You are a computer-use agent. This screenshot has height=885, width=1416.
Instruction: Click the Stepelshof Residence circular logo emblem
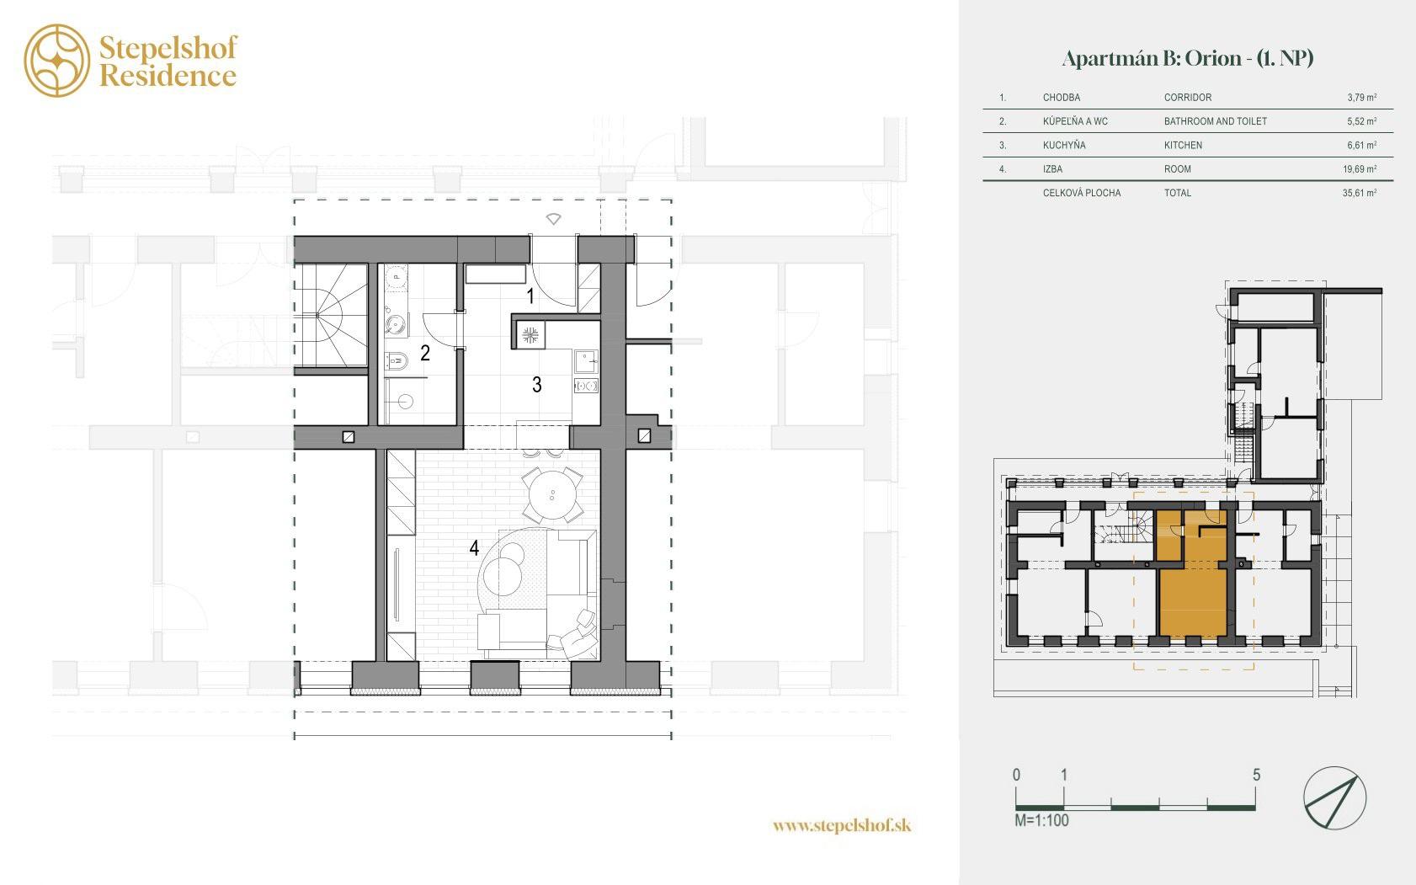pyautogui.click(x=57, y=61)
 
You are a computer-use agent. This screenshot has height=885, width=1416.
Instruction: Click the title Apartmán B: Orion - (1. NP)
pyautogui.click(x=1188, y=59)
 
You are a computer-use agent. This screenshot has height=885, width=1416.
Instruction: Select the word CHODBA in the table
pyautogui.click(x=1062, y=98)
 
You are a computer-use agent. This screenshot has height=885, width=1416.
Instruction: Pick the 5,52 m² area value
pyautogui.click(x=1361, y=120)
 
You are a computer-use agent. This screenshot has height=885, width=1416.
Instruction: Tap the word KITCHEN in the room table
pyautogui.click(x=1183, y=145)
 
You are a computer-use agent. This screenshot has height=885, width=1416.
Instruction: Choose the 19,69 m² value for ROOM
pyautogui.click(x=1360, y=168)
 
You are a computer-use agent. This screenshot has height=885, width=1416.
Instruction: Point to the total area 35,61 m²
pyautogui.click(x=1360, y=193)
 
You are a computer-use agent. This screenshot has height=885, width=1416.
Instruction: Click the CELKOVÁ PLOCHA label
pyautogui.click(x=1082, y=193)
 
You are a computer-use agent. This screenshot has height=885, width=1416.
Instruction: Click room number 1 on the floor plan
pyautogui.click(x=530, y=296)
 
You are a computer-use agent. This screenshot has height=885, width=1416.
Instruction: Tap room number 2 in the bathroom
pyautogui.click(x=425, y=353)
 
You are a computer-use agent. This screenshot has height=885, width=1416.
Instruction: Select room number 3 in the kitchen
pyautogui.click(x=537, y=384)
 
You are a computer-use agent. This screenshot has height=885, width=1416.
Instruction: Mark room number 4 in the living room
pyautogui.click(x=474, y=547)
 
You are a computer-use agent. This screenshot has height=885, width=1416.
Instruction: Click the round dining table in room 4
pyautogui.click(x=552, y=495)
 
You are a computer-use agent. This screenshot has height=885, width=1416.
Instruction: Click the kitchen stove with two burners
pyautogui.click(x=586, y=385)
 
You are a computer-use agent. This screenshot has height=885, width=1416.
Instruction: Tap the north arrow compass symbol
pyautogui.click(x=1334, y=797)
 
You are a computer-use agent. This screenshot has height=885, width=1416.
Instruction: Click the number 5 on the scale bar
pyautogui.click(x=1257, y=775)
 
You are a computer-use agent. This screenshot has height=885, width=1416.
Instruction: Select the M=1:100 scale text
pyautogui.click(x=1041, y=820)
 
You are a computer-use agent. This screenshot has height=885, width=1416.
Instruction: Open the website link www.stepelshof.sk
pyautogui.click(x=842, y=825)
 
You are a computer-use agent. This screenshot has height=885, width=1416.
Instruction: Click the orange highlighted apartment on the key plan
pyautogui.click(x=1192, y=604)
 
